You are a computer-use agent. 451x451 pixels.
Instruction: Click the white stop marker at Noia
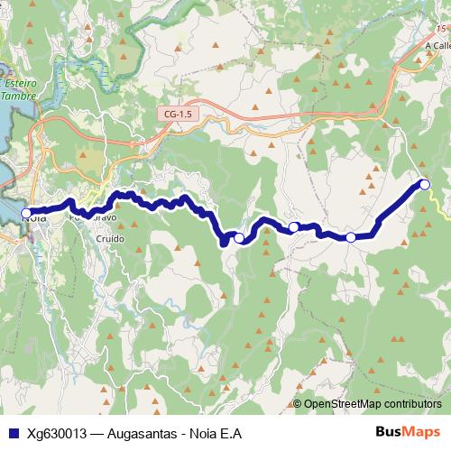click(x=25, y=213)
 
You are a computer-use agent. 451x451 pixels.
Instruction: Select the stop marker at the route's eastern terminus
click(x=425, y=185)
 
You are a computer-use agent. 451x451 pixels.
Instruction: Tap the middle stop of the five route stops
click(x=294, y=226)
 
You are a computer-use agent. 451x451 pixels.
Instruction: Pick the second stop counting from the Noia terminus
click(x=239, y=238)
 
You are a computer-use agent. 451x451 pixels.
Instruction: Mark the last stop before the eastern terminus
click(x=351, y=237)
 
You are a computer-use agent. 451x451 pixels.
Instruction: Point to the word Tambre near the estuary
click(x=18, y=95)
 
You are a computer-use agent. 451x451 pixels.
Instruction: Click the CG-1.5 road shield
click(x=179, y=115)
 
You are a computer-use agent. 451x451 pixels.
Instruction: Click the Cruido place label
click(x=111, y=239)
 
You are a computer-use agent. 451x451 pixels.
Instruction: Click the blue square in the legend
click(x=14, y=433)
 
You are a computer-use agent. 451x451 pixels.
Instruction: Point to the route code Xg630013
click(x=57, y=433)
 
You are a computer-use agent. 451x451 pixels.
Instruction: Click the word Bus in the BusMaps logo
click(x=389, y=433)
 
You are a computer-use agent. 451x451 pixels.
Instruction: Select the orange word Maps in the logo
click(x=423, y=433)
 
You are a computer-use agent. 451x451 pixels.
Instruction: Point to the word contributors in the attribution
click(x=416, y=403)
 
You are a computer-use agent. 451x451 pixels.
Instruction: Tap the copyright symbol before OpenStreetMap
click(x=298, y=403)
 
